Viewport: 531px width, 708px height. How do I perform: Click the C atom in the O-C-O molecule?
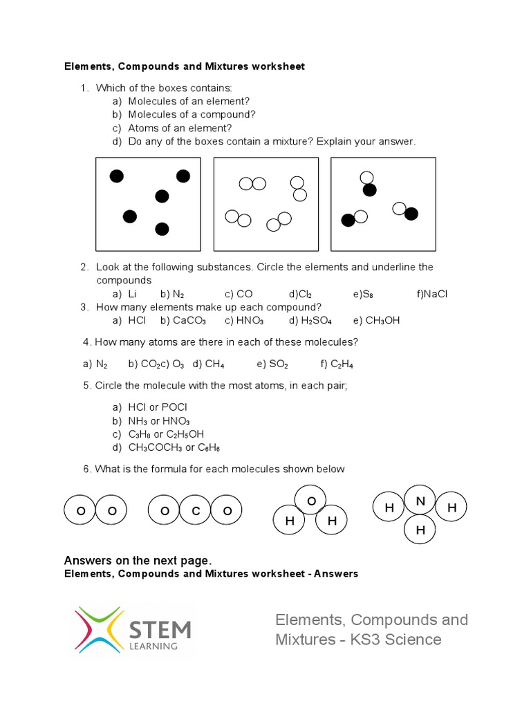[x=196, y=511]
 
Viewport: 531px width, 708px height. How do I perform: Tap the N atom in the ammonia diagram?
[x=419, y=500]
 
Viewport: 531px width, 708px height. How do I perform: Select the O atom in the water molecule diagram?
[x=311, y=500]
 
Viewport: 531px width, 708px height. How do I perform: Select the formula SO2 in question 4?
[x=278, y=364]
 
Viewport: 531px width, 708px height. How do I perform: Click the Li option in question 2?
[x=133, y=294]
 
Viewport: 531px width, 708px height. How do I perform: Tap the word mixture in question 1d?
[x=289, y=142]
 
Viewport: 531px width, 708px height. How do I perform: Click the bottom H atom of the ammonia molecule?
[x=420, y=530]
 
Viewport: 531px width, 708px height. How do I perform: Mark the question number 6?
[x=86, y=469]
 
